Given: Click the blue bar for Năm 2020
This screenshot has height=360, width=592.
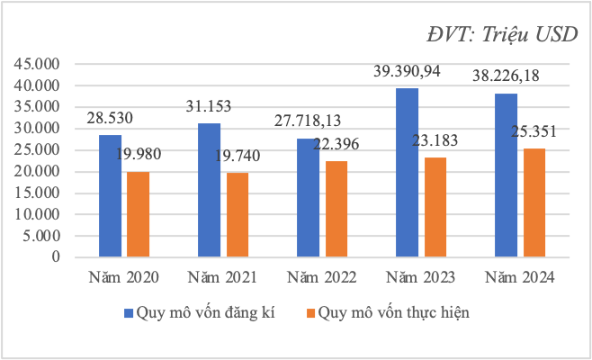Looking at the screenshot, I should [110, 196].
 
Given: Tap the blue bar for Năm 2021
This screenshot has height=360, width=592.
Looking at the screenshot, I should [210, 190].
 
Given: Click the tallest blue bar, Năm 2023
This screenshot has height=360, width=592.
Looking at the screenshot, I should [408, 172].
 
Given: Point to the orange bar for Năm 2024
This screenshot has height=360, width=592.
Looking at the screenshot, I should [534, 202].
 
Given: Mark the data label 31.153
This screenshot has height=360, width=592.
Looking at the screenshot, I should [209, 106].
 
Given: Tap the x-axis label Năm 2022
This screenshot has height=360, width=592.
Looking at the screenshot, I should [322, 275].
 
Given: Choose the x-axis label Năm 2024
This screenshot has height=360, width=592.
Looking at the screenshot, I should [520, 275].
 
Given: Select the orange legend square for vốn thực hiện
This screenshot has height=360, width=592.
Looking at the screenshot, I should [312, 313].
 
